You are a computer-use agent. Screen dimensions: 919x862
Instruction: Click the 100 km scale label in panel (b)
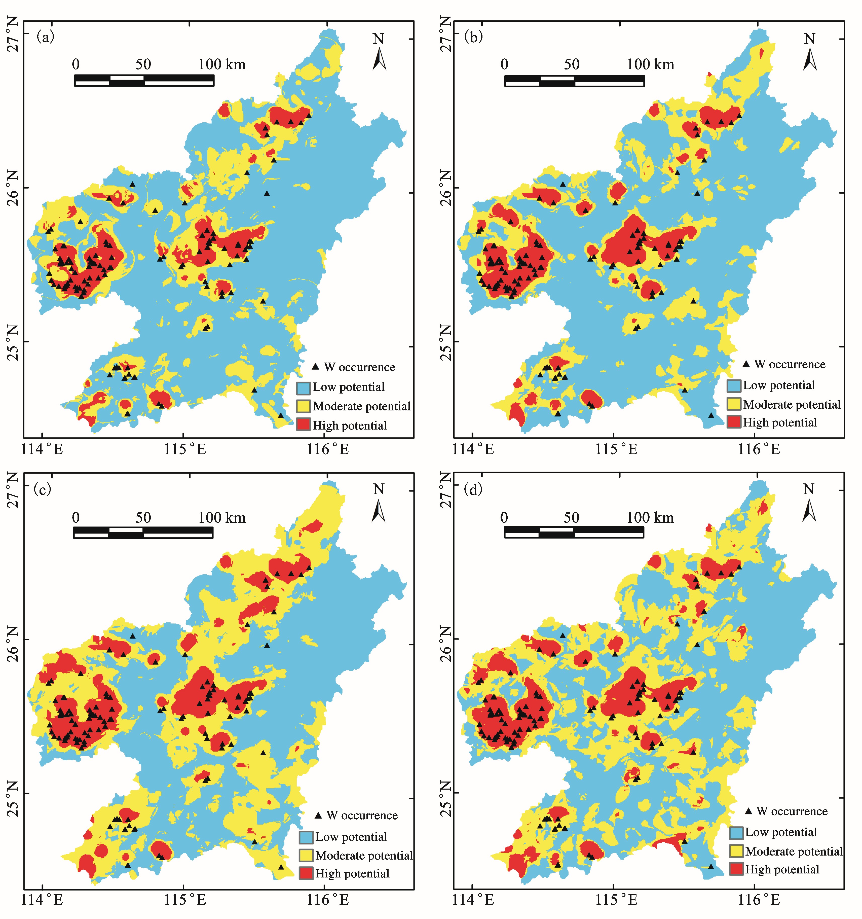click(x=650, y=64)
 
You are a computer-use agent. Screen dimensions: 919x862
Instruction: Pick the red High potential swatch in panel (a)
click(x=303, y=424)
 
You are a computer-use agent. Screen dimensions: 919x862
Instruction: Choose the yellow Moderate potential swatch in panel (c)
click(x=306, y=855)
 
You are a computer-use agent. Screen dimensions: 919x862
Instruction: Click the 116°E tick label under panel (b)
click(x=759, y=449)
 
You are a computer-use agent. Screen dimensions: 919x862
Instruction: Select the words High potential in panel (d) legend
click(x=782, y=870)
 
